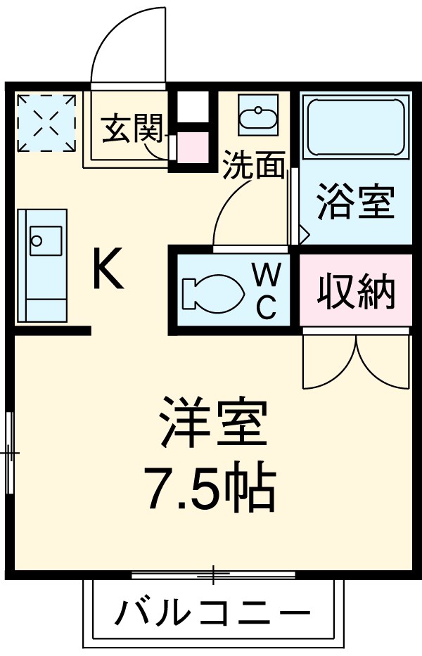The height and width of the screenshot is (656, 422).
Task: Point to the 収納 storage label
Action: point(355,290)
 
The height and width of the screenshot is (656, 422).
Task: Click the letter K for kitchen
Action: point(108,271)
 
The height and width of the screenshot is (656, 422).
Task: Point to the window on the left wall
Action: point(9,452)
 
